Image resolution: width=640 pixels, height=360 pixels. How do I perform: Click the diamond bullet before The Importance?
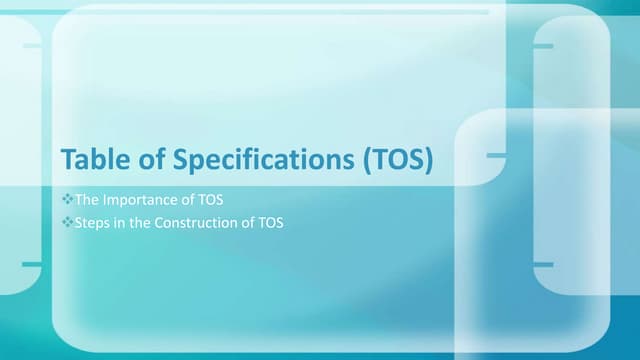point(68,200)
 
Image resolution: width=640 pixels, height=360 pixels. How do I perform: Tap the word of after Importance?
point(188,200)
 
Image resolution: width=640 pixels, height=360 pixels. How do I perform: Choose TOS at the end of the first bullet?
point(211,200)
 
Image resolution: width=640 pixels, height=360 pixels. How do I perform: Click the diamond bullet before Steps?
point(68,222)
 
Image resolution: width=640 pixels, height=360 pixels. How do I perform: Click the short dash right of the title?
point(496,156)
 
